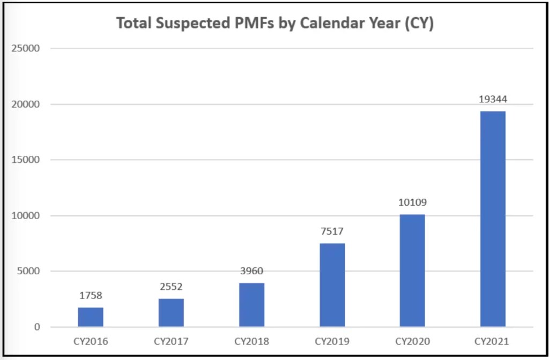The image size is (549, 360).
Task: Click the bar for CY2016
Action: pyautogui.click(x=91, y=317)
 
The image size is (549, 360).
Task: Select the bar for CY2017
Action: pyautogui.click(x=171, y=313)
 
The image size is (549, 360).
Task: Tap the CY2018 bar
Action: pyautogui.click(x=251, y=305)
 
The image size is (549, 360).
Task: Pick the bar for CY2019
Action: pyautogui.click(x=332, y=285)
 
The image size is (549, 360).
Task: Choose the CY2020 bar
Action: pyautogui.click(x=412, y=271)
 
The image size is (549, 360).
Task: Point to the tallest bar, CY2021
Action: pyautogui.click(x=493, y=219)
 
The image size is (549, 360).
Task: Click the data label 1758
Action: pyautogui.click(x=91, y=295)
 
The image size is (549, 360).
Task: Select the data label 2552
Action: pyautogui.click(x=171, y=287)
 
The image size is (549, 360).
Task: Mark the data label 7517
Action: pyautogui.click(x=332, y=231)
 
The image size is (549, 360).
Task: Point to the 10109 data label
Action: pyautogui.click(x=412, y=202)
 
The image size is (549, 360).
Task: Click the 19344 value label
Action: pyautogui.click(x=493, y=99)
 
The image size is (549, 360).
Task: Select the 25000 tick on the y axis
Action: pyautogui.click(x=27, y=49)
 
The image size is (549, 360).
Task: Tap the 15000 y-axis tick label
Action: pyautogui.click(x=27, y=160)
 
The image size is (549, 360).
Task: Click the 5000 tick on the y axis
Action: pyautogui.click(x=29, y=272)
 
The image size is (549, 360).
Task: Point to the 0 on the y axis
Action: pyautogui.click(x=37, y=327)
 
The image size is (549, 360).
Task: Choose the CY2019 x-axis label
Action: pyautogui.click(x=332, y=341)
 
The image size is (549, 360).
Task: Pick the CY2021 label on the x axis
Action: pyautogui.click(x=493, y=341)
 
